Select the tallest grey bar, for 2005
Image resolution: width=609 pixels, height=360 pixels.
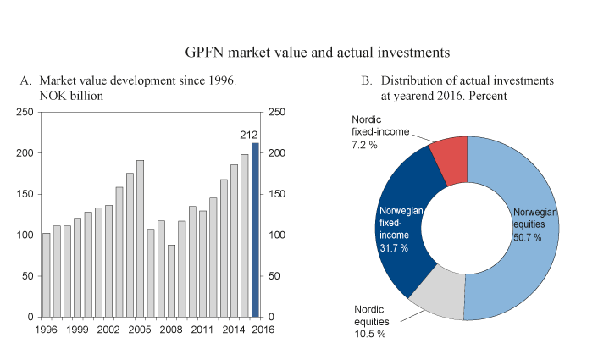(141, 238)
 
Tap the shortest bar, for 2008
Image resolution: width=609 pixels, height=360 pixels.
(171, 280)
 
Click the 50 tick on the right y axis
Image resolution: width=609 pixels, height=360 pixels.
(274, 276)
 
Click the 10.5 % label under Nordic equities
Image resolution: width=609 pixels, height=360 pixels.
(369, 335)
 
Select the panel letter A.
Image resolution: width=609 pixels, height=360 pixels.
(25, 81)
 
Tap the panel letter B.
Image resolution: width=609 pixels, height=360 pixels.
(367, 81)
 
